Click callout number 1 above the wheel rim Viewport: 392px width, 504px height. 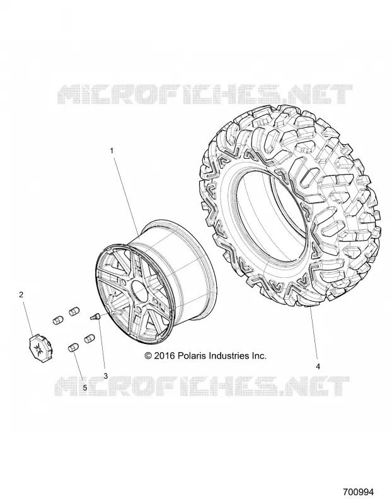click(x=112, y=151)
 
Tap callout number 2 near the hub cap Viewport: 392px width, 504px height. click(x=21, y=294)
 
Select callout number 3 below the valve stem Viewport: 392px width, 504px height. click(x=105, y=376)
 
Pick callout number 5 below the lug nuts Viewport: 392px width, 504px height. click(x=85, y=388)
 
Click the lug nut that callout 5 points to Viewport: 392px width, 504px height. click(x=73, y=348)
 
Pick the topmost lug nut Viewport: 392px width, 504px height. click(x=74, y=312)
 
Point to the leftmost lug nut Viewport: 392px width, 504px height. click(x=58, y=321)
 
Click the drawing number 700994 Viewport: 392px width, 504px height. click(x=359, y=492)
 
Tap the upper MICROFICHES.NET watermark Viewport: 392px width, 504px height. click(x=205, y=94)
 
